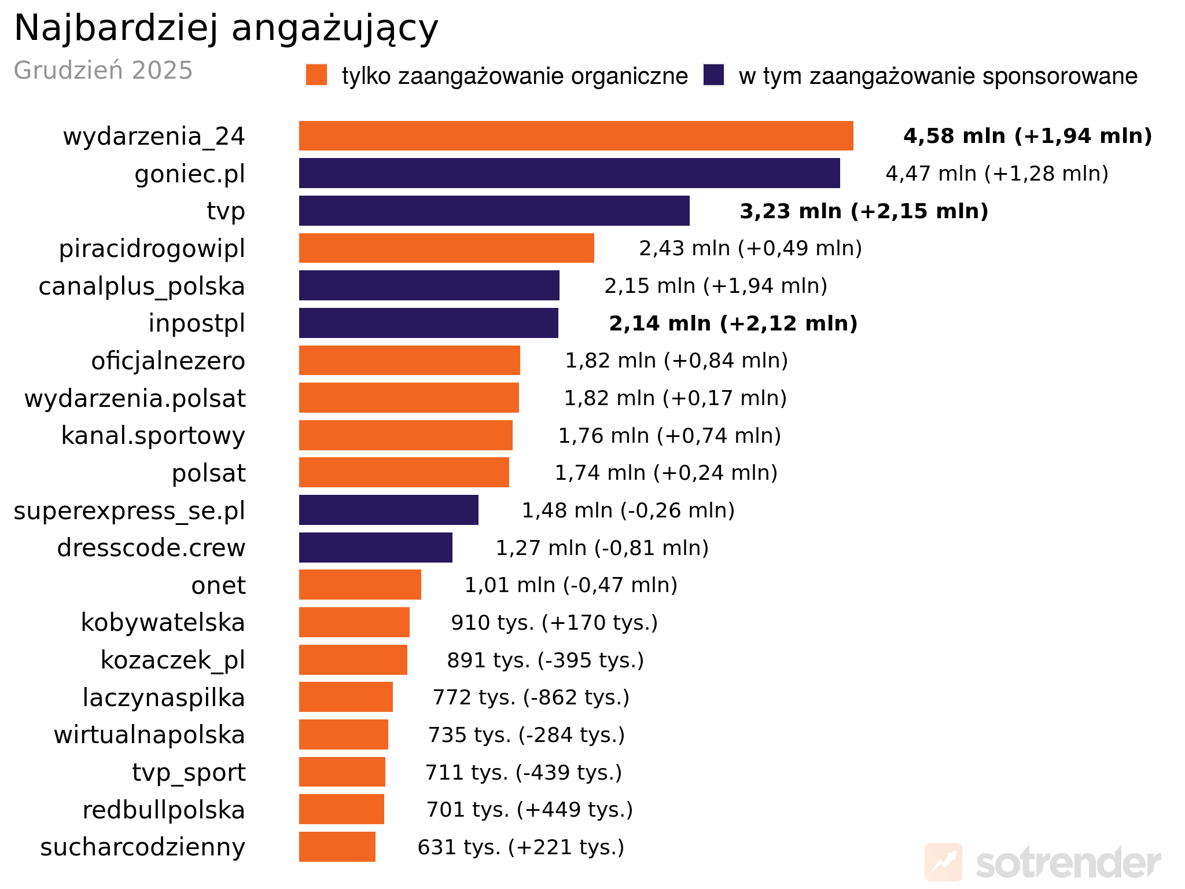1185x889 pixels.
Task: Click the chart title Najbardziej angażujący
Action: [226, 28]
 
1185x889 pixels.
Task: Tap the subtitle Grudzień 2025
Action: [103, 71]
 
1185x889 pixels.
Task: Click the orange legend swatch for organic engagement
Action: [317, 75]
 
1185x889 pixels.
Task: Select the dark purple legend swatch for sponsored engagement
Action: [713, 75]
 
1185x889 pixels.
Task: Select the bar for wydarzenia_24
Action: [576, 136]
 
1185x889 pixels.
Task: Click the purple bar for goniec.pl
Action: [569, 173]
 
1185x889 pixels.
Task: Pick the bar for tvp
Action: [494, 211]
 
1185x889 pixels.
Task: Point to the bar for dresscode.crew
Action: [376, 548]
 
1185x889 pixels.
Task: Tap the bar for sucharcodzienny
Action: [337, 847]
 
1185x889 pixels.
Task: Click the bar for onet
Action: [360, 585]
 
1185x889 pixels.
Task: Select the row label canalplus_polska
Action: [142, 286]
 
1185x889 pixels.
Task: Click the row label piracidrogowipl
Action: [152, 249]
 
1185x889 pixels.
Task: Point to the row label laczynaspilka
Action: [164, 697]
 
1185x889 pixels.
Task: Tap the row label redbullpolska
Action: [164, 810]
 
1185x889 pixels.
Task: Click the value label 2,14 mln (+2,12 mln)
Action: [733, 324]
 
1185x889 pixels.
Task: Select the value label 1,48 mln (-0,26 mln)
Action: [628, 510]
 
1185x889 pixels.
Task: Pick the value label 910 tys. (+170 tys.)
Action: [554, 623]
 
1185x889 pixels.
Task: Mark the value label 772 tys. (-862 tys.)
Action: [531, 697]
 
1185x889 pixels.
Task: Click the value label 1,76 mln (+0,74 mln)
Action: [669, 436]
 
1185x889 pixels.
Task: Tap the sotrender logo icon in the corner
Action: [943, 862]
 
